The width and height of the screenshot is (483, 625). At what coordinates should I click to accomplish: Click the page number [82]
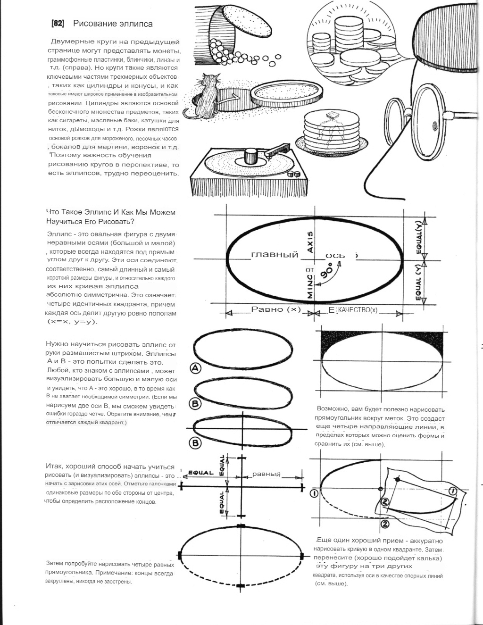click(x=58, y=24)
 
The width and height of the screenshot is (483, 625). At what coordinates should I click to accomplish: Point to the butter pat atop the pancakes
click(x=333, y=115)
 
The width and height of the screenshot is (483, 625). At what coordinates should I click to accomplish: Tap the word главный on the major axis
click(x=275, y=255)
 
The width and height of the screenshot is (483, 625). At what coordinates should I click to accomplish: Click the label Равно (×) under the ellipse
click(x=276, y=309)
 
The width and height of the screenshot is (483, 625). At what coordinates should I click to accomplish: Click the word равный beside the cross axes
click(x=266, y=474)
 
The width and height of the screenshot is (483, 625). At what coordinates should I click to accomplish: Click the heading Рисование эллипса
click(x=113, y=24)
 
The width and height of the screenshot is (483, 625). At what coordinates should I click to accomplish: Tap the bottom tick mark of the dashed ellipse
click(x=241, y=585)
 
